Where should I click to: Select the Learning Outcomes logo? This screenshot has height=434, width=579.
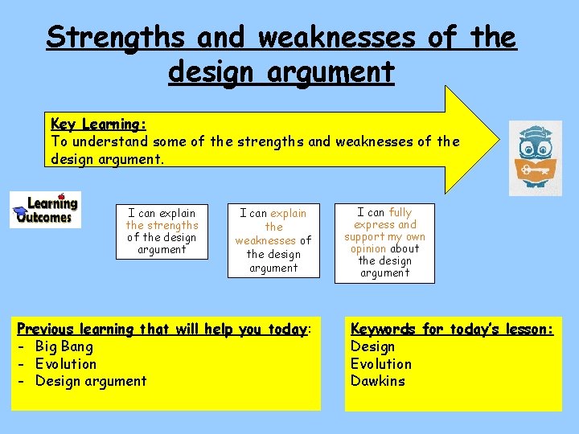45,209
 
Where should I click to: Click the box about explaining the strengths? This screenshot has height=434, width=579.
162,231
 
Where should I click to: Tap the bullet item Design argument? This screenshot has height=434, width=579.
91,381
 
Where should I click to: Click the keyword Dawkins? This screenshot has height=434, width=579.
377,381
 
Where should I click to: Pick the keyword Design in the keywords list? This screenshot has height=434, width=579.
372,346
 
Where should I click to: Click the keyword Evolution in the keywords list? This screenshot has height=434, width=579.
380,363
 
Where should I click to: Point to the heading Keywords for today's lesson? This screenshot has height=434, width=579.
452,329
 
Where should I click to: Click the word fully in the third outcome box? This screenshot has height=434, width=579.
400,213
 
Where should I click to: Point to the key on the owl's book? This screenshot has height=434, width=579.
531,170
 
